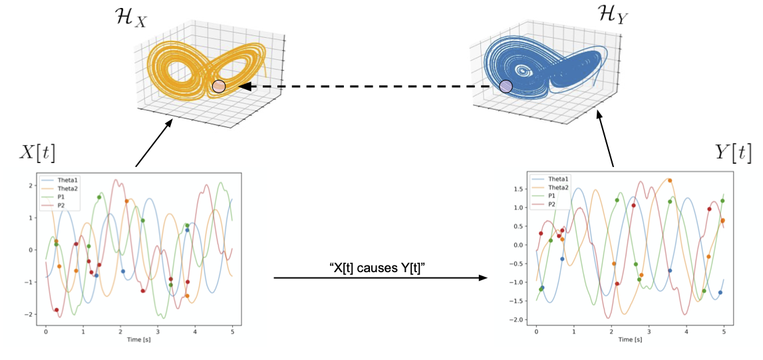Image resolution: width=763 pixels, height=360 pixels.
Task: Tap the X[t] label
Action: (x=36, y=152)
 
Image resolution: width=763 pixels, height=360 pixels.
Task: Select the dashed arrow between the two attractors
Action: (x=366, y=87)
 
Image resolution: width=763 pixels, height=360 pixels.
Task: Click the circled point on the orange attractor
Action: (x=219, y=87)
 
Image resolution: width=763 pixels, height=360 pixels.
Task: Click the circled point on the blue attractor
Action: (x=506, y=86)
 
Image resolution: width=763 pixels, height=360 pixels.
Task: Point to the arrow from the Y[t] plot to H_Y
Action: (x=606, y=141)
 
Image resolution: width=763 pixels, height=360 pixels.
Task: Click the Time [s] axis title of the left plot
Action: (x=138, y=339)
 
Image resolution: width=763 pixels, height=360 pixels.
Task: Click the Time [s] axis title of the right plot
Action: (x=629, y=339)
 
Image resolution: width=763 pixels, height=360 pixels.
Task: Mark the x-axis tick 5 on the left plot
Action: (x=232, y=331)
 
